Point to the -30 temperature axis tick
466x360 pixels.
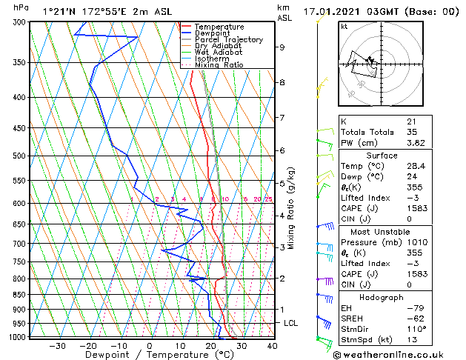pos(57,345)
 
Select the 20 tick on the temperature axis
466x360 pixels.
pos(211,345)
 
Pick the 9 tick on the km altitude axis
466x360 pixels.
pos(282,47)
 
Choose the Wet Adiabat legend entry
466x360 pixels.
pos(219,52)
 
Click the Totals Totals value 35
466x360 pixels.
pos(412,132)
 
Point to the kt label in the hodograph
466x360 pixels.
pos(344,27)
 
